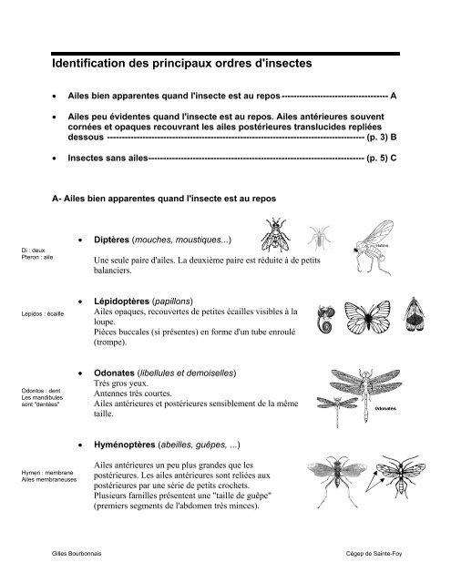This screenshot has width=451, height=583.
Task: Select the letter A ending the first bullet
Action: [393, 96]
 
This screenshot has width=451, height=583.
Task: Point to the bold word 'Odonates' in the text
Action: [115, 373]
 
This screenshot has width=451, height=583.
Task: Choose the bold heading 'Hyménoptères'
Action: [126, 445]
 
